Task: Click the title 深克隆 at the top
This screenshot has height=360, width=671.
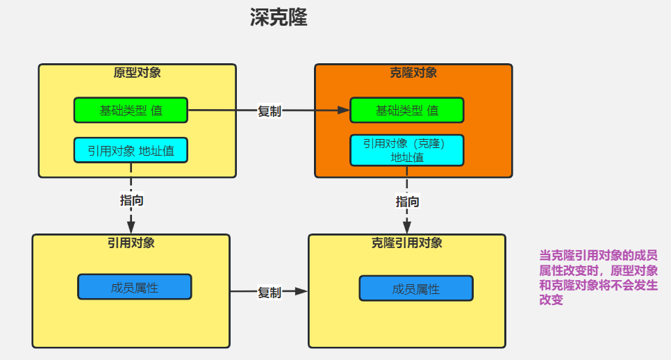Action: [x=279, y=18]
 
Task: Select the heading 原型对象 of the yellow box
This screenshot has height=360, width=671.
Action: [x=137, y=72]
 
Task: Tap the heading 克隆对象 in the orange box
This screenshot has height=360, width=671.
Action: [x=413, y=72]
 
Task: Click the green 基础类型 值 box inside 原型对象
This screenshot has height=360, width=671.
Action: [x=131, y=110]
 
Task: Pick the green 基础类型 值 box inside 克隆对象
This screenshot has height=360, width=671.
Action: [x=407, y=110]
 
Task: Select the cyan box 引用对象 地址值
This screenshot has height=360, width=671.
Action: [x=131, y=150]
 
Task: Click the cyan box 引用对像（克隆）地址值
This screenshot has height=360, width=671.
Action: [x=407, y=150]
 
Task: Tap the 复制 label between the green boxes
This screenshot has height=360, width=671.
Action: [x=270, y=111]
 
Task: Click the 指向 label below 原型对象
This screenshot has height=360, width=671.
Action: [x=131, y=200]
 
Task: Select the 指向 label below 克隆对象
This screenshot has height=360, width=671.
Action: [x=408, y=202]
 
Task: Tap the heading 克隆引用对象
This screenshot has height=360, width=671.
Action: [x=407, y=243]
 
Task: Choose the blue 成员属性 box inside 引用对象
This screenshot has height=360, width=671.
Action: [x=134, y=287]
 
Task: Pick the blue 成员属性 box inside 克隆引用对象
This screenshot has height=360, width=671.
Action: [x=416, y=288]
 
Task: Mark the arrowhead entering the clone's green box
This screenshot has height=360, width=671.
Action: [x=343, y=110]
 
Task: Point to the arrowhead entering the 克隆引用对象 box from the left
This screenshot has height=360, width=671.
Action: [x=301, y=292]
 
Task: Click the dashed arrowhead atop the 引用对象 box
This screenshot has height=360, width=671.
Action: [x=131, y=227]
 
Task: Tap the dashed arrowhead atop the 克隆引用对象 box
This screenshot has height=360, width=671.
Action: [x=408, y=227]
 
